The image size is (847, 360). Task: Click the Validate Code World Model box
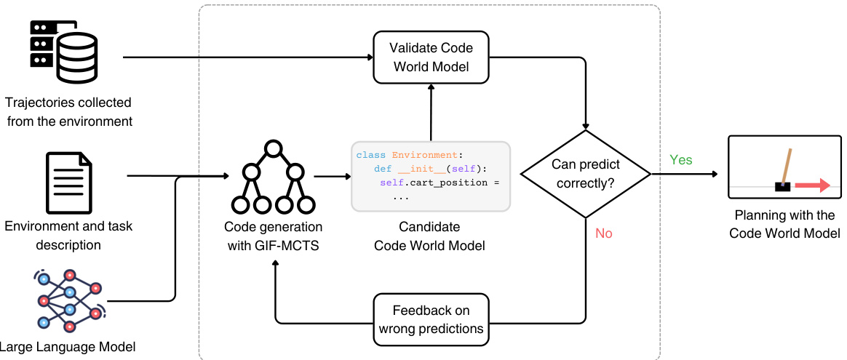pos(430,57)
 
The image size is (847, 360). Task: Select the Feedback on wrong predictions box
pos(430,320)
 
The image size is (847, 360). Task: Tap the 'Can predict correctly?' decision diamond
pos(585,174)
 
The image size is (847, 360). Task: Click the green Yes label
pos(681,159)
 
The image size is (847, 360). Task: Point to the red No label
pos(604,233)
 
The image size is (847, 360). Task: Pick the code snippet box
pos(430,176)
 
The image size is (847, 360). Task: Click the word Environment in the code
pos(426,155)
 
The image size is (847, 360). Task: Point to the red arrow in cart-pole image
pos(811,186)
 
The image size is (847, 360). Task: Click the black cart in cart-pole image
pos(783,186)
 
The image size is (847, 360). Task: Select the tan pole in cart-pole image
pos(787,166)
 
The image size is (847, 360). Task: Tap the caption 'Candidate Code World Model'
pos(429,236)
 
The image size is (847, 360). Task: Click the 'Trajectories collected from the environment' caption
pos(69,112)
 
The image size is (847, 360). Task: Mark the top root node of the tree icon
pos(273,150)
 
